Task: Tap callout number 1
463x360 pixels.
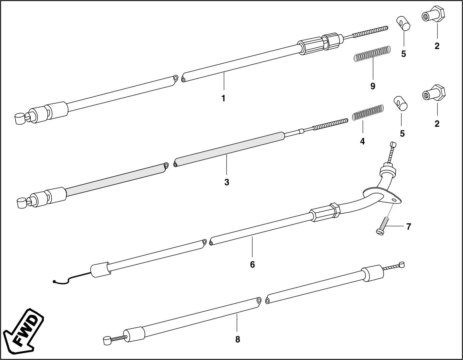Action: [x=223, y=98]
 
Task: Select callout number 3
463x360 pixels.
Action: [x=227, y=182]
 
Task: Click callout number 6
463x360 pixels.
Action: [x=252, y=264]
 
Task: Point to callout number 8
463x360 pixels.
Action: [x=238, y=339]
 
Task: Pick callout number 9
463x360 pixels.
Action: [x=373, y=86]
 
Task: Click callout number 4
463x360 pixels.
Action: [x=362, y=141]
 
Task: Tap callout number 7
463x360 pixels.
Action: [x=408, y=226]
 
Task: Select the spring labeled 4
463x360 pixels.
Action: [x=368, y=112]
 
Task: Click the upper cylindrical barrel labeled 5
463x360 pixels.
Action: [x=404, y=24]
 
